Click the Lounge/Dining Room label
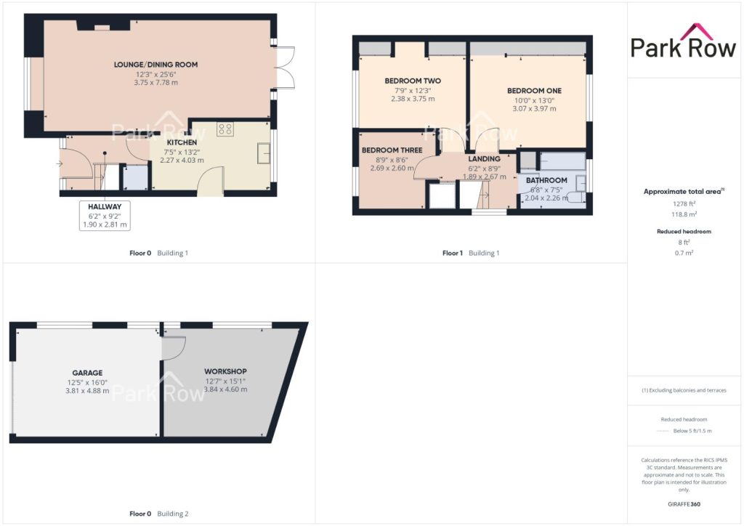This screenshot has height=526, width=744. tap(155, 65)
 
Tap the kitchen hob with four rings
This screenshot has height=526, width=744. tap(225, 129)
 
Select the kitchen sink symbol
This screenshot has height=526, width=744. tap(264, 153)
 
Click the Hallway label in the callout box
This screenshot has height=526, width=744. tap(105, 207)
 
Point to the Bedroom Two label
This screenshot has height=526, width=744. tap(413, 81)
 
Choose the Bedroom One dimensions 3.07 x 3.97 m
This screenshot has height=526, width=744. tap(534, 109)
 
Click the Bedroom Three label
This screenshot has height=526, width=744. tap(392, 150)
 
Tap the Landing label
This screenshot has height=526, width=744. tap(484, 159)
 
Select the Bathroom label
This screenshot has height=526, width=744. tap(546, 180)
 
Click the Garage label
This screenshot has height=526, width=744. tap(87, 373)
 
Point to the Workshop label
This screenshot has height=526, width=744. tap(225, 371)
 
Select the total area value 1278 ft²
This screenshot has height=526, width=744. tap(684, 204)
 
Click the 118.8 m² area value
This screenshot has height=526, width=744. tap(684, 214)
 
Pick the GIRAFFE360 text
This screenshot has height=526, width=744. tap(684, 504)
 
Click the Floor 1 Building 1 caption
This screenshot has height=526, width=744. tap(471, 254)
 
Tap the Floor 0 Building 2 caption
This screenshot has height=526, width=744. tap(159, 514)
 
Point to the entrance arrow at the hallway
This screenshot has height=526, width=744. tap(59, 164)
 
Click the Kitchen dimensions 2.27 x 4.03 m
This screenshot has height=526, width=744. tap(182, 161)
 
